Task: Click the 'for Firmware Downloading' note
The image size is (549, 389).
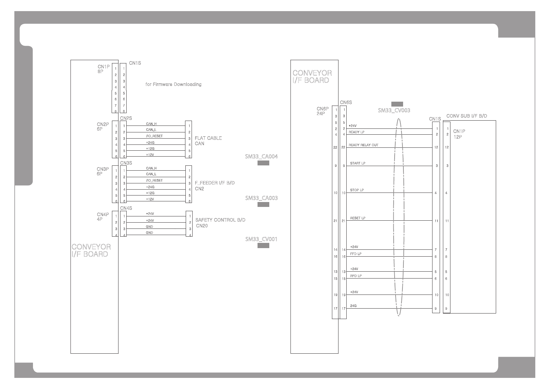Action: pos(173,84)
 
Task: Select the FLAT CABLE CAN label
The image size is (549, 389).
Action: pos(208,141)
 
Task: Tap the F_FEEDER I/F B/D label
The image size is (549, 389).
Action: pos(214,183)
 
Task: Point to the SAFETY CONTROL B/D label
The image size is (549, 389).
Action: pos(220,220)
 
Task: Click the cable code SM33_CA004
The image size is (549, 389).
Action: pos(261,157)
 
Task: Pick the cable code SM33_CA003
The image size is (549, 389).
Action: pos(261,198)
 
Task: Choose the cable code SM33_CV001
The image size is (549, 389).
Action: pos(261,239)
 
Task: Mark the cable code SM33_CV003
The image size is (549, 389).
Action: pos(394,110)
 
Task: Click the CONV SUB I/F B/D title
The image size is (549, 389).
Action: pos(467,116)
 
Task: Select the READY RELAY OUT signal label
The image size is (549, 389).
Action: pos(363,145)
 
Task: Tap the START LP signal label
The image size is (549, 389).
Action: pos(357,163)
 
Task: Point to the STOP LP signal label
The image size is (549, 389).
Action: pos(357,190)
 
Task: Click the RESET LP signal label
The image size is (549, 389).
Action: pos(358,218)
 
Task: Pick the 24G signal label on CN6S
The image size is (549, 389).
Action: pos(353,306)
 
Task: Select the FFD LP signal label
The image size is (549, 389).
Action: pos(355,254)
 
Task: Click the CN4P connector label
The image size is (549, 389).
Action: pos(103,215)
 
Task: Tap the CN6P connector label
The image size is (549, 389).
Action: pos(322,109)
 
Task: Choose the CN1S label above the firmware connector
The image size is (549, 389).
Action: pos(135,63)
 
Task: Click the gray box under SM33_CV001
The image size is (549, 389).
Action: pos(263,246)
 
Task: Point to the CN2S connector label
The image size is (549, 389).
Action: pos(126,118)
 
